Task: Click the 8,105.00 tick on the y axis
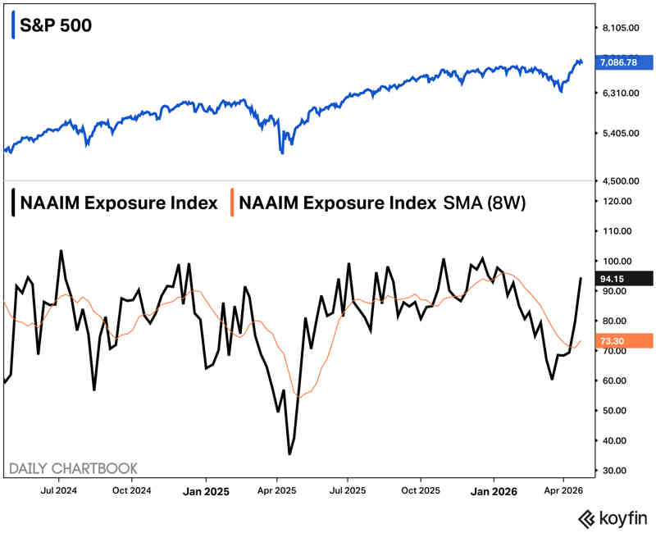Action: (x=620, y=28)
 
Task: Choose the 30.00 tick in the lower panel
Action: (x=614, y=471)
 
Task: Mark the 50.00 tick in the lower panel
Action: (x=614, y=411)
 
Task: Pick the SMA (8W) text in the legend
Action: (x=483, y=203)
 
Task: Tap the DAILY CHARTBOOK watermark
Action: (x=73, y=468)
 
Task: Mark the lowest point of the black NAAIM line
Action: (x=289, y=453)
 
